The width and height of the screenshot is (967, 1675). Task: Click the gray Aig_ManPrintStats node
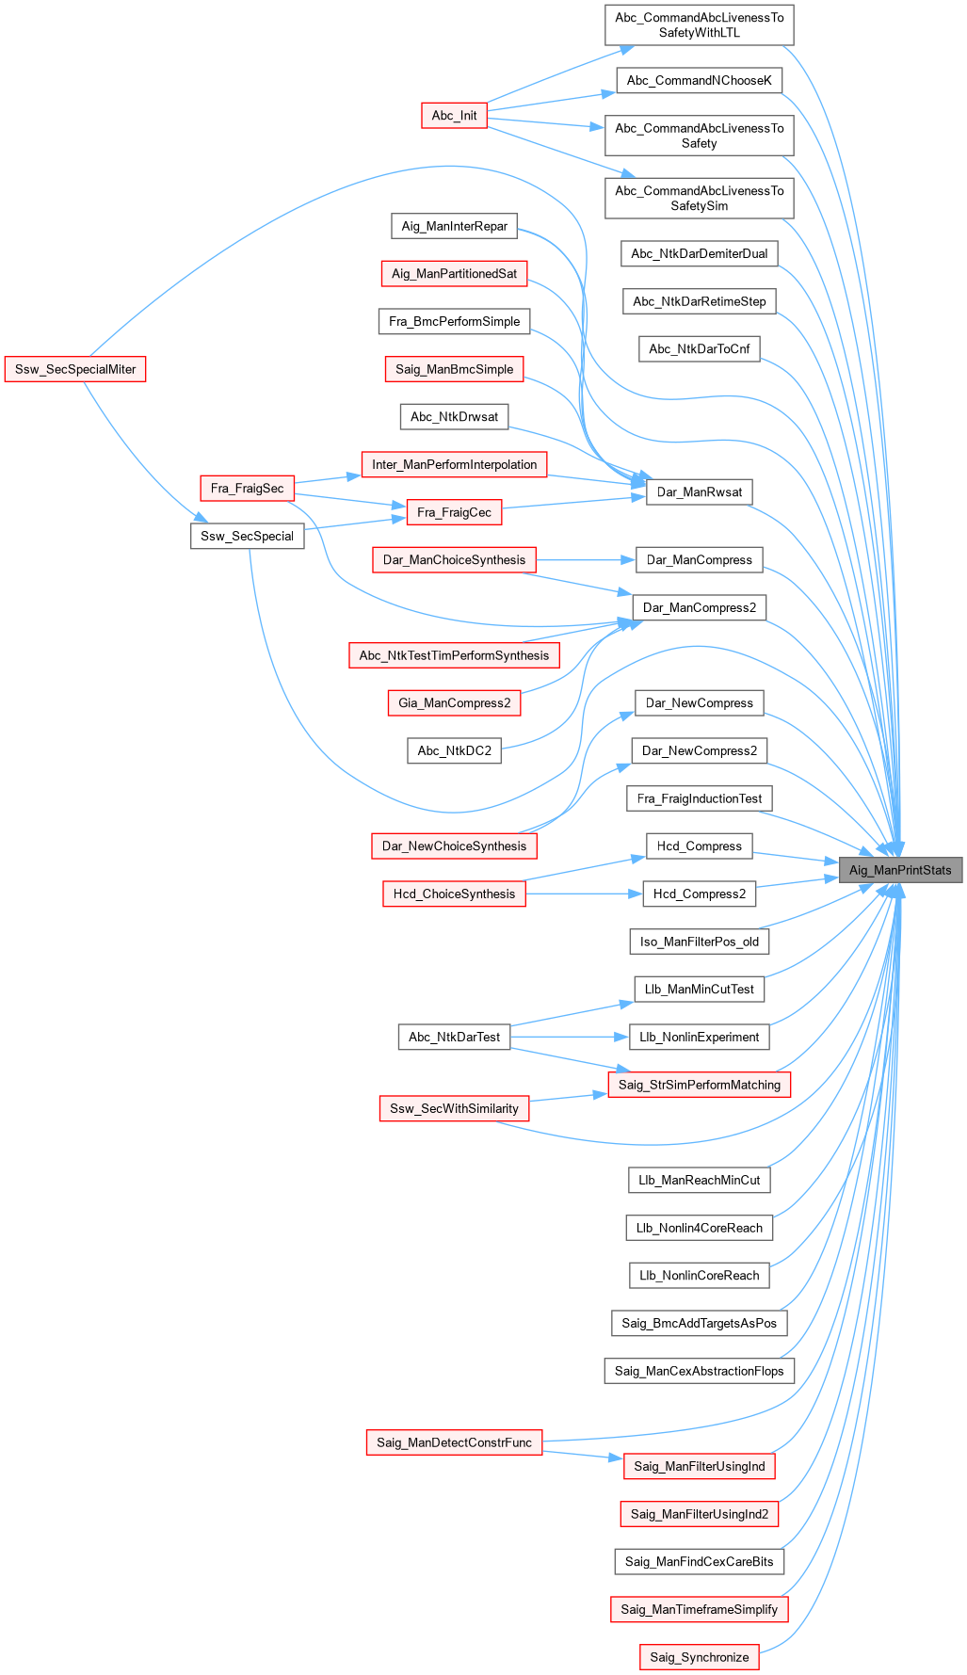point(900,870)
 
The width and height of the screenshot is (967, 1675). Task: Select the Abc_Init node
point(454,116)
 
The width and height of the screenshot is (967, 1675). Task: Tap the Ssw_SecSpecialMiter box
point(75,369)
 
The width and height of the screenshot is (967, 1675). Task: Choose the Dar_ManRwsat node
point(699,491)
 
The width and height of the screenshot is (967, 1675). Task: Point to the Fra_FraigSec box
point(247,489)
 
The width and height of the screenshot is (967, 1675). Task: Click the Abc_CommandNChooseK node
point(699,80)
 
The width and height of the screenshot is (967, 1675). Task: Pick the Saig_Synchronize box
point(699,1657)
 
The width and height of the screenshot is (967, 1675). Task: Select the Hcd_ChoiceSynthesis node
point(454,894)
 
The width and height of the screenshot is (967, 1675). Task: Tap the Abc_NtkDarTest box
point(454,1037)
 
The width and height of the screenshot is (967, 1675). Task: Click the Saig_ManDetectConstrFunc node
point(454,1442)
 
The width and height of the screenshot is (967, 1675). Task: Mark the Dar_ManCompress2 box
point(699,607)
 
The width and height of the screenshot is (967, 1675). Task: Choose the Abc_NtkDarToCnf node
point(699,349)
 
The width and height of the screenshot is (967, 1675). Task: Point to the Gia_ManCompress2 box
point(454,702)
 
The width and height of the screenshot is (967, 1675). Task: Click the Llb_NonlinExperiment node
point(699,1038)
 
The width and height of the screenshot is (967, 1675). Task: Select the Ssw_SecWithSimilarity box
point(454,1108)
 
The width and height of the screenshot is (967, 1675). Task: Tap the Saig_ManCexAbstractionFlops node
point(699,1371)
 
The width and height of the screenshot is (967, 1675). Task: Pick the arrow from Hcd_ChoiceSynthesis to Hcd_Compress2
point(584,894)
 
